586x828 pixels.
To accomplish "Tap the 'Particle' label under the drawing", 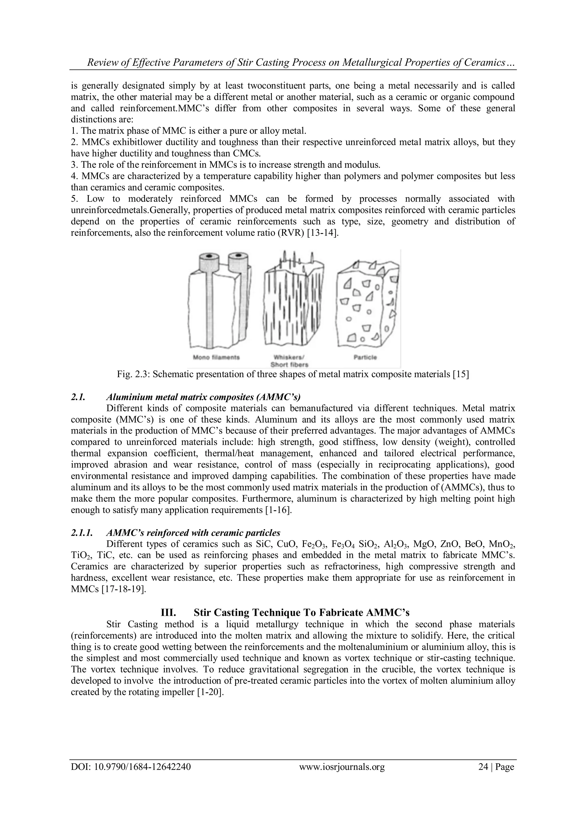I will point(365,358).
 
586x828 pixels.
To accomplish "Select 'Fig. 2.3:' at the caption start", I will point(133,374).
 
